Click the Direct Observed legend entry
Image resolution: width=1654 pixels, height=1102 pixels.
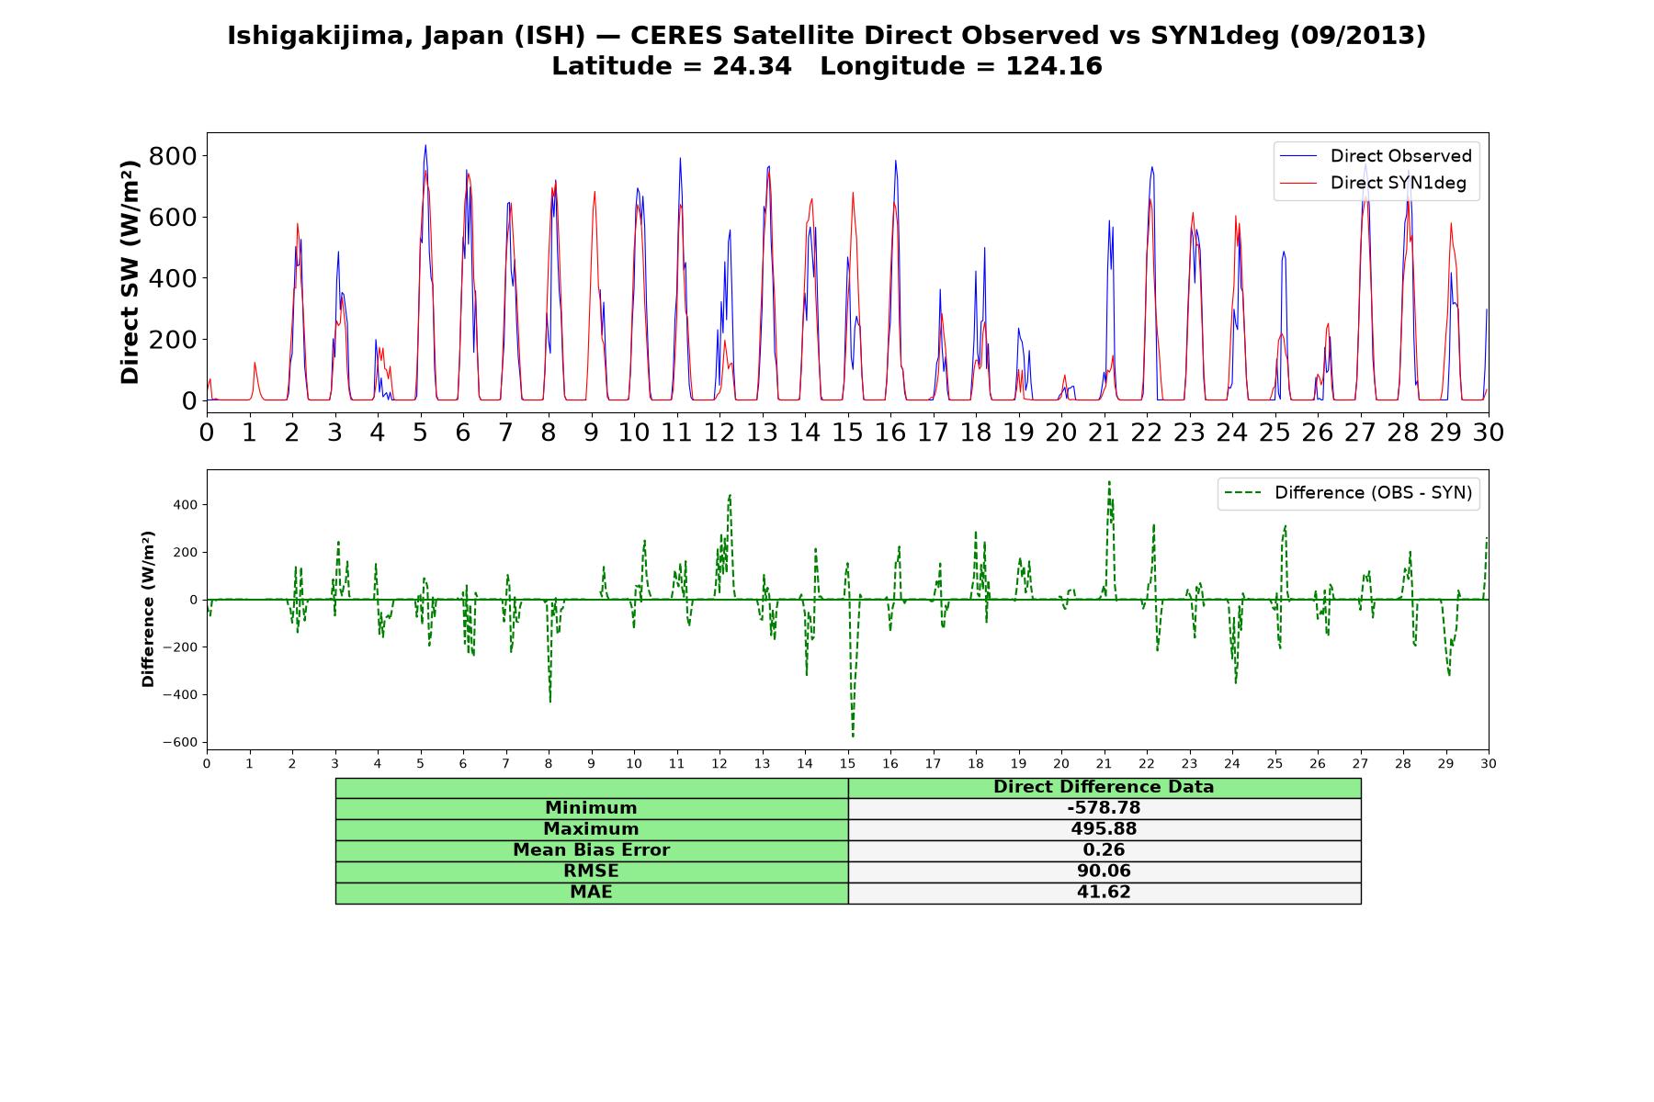[1376, 156]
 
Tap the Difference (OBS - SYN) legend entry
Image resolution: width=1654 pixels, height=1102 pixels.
[1348, 493]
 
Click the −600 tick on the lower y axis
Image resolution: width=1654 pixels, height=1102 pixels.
[180, 742]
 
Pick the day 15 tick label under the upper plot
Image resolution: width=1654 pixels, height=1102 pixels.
[847, 432]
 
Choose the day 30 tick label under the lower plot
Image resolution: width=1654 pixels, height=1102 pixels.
[1488, 763]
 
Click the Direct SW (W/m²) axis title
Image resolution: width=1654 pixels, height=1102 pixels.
[130, 272]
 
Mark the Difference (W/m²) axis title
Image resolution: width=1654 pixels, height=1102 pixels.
[148, 609]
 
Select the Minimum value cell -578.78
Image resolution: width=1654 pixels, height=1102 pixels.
[1104, 808]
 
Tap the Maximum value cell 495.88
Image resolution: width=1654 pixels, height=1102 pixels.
[1104, 829]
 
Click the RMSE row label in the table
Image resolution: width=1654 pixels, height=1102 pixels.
[591, 871]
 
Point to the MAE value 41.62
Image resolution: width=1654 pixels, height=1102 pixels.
[1104, 893]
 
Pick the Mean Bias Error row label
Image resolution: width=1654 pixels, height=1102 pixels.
[591, 850]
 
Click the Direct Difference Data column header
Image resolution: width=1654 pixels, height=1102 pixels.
[1104, 787]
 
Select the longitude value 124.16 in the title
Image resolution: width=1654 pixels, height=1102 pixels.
[1054, 67]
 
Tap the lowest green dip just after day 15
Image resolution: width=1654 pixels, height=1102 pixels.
[853, 736]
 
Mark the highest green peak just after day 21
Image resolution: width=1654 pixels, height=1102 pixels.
[1109, 481]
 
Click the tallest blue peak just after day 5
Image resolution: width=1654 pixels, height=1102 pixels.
[425, 145]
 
